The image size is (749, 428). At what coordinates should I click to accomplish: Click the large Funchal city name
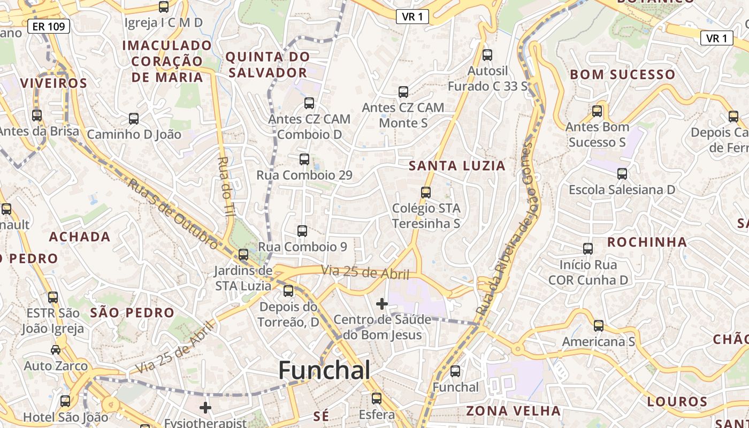[x=324, y=370]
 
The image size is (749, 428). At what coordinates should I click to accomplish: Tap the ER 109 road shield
[x=49, y=26]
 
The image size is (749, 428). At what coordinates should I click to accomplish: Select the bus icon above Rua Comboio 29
[x=304, y=159]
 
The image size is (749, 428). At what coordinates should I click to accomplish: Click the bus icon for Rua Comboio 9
[x=302, y=231]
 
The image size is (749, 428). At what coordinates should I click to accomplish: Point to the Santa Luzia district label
[x=457, y=166]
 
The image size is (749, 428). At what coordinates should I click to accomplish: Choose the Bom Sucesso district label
[x=622, y=74]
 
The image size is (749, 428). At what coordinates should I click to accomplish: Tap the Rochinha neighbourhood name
[x=647, y=242]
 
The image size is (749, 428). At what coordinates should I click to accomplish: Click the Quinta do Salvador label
[x=267, y=64]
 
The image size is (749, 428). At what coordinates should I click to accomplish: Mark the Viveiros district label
[x=53, y=83]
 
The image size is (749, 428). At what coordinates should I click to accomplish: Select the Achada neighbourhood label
[x=80, y=236]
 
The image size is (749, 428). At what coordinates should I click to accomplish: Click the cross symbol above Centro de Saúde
[x=381, y=304]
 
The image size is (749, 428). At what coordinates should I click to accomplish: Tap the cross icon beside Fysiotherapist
[x=205, y=408]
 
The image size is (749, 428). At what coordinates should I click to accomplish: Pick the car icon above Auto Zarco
[x=56, y=350]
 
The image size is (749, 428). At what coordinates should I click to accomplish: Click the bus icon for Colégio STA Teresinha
[x=426, y=192]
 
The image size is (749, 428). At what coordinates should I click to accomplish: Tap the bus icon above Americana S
[x=598, y=325]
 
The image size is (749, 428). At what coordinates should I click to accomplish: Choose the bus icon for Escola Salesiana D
[x=622, y=174]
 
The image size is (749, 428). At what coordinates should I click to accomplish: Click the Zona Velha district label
[x=513, y=411]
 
